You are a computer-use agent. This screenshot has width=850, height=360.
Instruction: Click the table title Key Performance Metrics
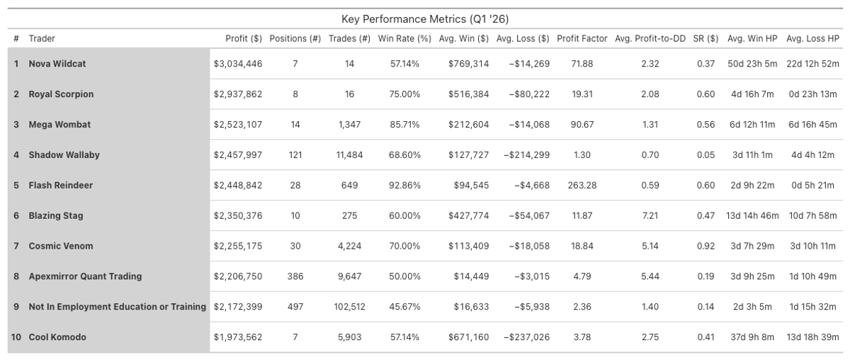point(424,19)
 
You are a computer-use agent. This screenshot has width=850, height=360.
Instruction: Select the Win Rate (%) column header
point(404,38)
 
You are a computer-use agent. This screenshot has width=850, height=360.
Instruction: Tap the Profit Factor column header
point(582,38)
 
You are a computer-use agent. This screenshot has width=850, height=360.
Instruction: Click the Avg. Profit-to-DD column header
point(650,38)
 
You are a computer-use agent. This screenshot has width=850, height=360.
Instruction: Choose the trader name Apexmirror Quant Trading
point(85,276)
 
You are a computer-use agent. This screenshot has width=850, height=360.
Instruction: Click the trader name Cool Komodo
point(57,337)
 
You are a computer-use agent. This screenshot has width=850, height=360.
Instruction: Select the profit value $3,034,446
point(238,64)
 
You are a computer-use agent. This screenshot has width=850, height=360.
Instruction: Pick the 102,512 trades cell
point(350,307)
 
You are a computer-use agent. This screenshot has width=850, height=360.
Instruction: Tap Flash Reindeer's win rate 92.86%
point(404,186)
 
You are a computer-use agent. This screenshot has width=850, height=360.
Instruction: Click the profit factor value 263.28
point(582,186)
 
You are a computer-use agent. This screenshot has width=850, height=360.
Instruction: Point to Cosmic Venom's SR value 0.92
point(705,246)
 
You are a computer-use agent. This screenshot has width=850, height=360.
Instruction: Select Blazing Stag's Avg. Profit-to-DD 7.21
point(650,215)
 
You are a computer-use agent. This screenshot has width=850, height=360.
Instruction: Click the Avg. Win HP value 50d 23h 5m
point(752,64)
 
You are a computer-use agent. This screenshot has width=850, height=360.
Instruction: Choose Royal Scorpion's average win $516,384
point(468,94)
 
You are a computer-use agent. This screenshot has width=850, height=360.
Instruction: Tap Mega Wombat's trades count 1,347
point(350,125)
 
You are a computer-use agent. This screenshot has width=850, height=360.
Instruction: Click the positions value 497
point(295,307)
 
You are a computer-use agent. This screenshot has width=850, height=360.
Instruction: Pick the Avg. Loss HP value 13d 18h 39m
point(812,337)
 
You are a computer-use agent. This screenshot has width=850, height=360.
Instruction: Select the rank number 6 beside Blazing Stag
point(16,215)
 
